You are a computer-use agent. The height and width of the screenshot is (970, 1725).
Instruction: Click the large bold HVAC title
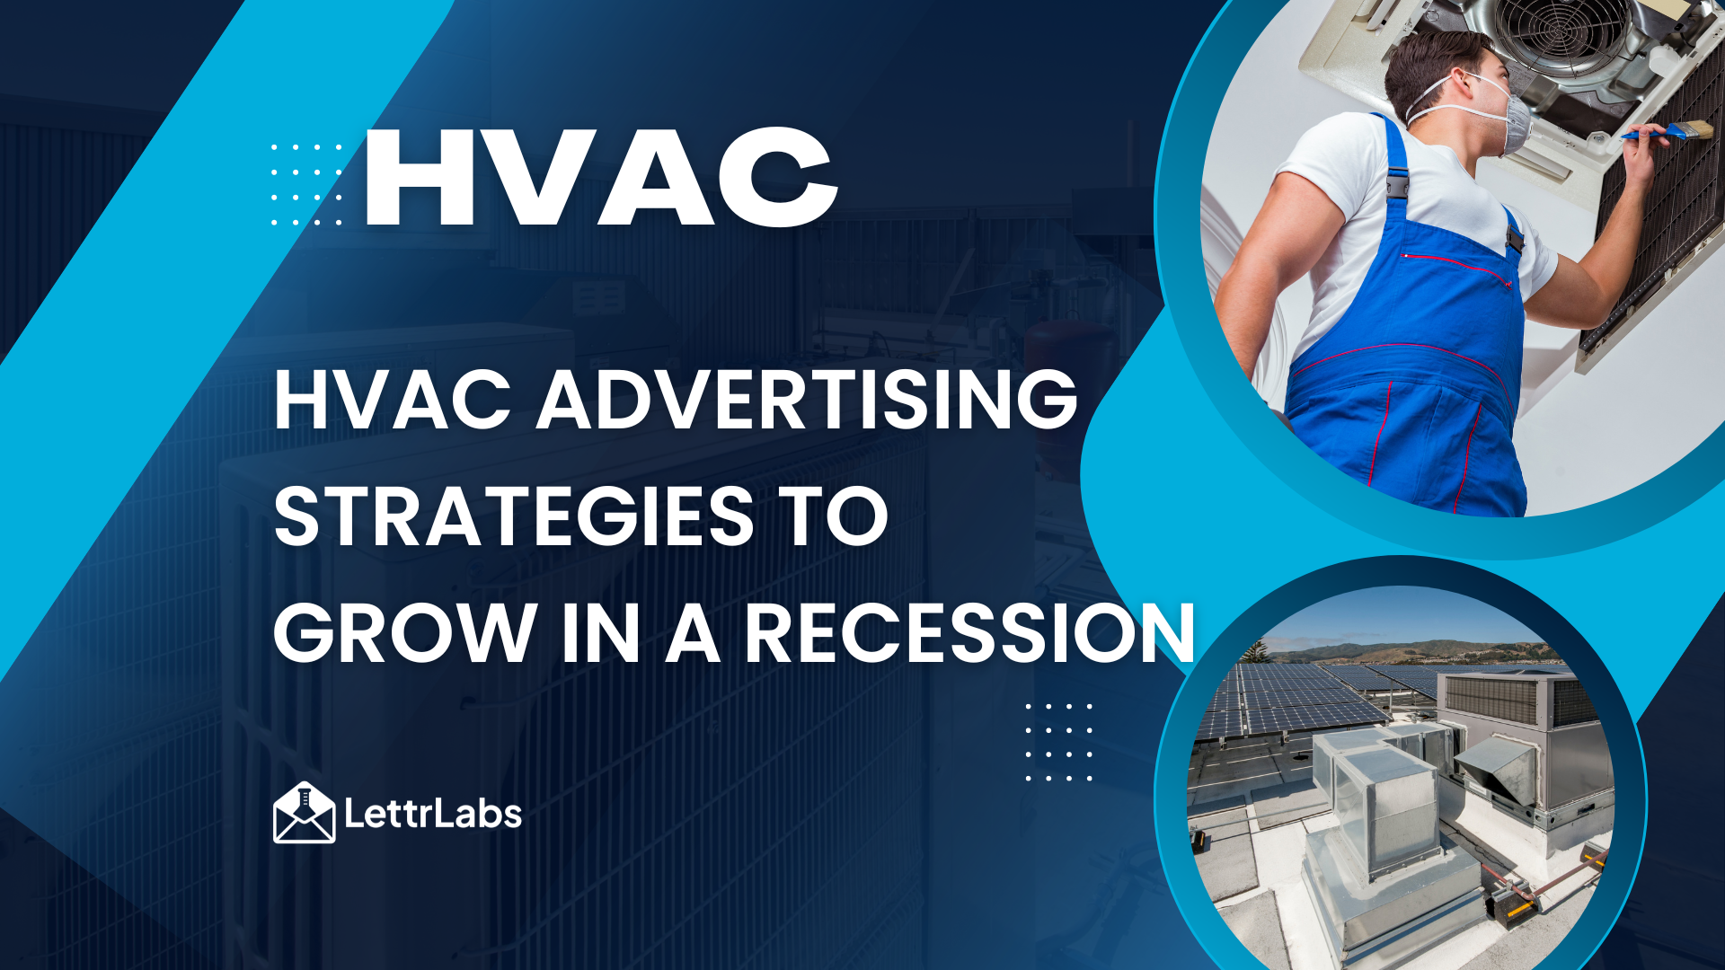[x=600, y=177]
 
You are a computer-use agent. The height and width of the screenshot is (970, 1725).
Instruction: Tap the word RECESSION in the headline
[x=970, y=633]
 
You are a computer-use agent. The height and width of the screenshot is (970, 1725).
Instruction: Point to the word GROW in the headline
[x=405, y=633]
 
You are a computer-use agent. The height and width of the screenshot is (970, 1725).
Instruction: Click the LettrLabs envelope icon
[x=305, y=813]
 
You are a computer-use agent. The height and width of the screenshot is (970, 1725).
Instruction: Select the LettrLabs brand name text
[x=432, y=814]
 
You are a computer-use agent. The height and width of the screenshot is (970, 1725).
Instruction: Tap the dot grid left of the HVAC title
[x=306, y=184]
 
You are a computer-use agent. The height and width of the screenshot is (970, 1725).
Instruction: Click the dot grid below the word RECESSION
[x=1059, y=742]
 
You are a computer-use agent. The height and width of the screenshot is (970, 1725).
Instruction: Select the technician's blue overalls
[x=1411, y=341]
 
